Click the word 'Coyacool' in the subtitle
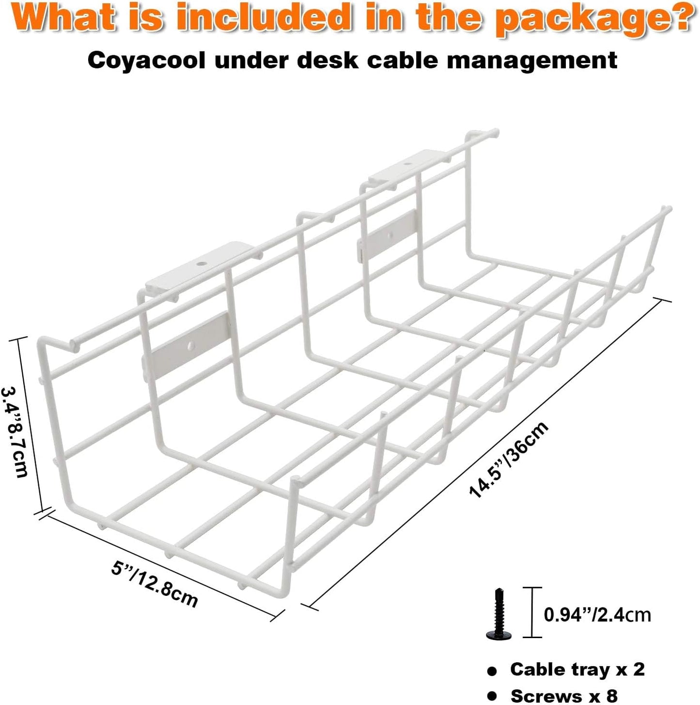coord(146,61)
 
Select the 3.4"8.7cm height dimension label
coord(16,432)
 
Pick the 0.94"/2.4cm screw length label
coord(597,614)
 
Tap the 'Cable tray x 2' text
coord(577,669)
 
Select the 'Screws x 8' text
coord(564,695)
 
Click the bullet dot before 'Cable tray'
coord(492,672)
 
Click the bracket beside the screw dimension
coord(532,612)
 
